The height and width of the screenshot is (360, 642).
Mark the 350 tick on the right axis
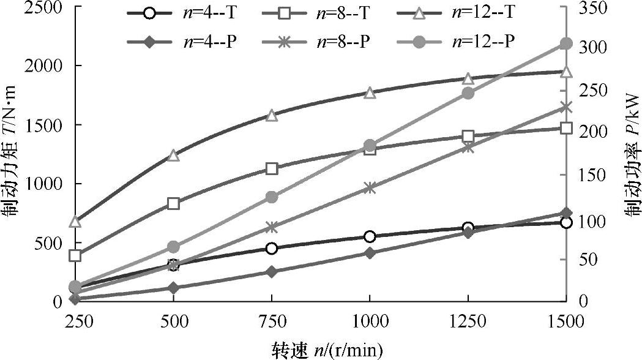tap(591, 7)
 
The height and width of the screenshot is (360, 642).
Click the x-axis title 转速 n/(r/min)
tap(327, 350)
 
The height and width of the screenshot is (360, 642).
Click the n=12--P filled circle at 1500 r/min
tap(565, 43)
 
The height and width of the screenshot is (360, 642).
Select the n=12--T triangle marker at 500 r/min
tap(174, 155)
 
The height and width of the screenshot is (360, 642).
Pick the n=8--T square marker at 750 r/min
tap(272, 169)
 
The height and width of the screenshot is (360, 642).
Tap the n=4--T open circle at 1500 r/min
tap(565, 222)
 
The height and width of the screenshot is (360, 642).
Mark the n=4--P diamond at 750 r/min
tap(272, 271)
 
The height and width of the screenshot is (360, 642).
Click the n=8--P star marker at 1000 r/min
tap(370, 188)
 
